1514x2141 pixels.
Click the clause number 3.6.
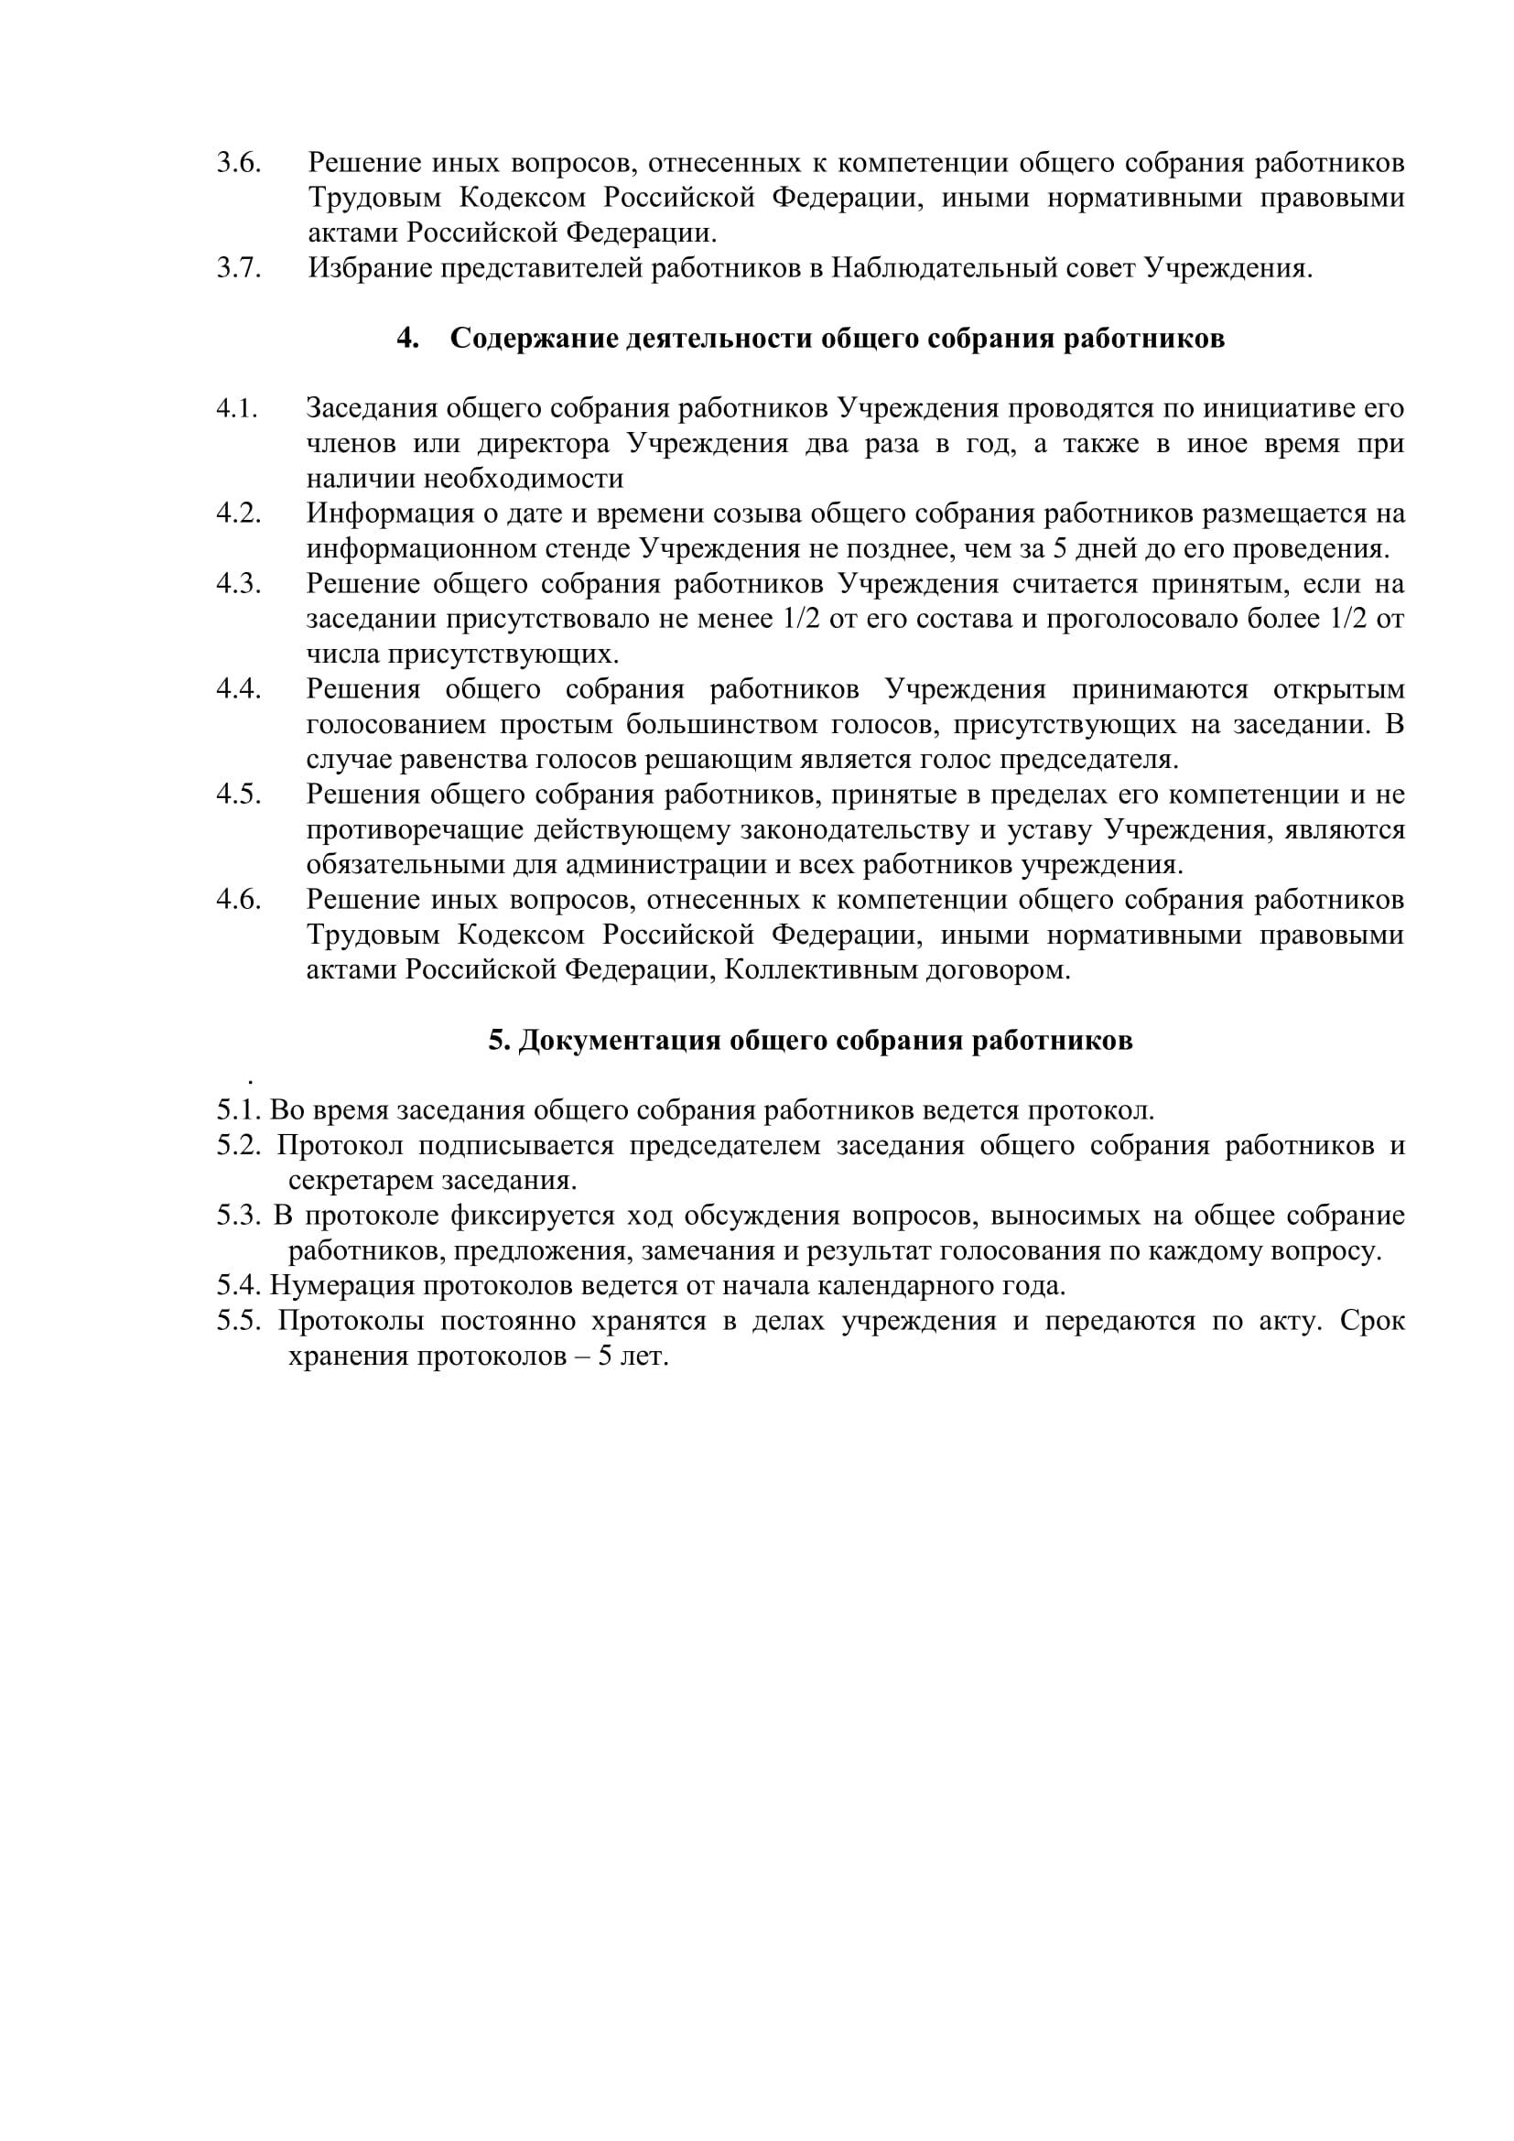click(239, 163)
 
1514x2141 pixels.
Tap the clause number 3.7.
click(239, 268)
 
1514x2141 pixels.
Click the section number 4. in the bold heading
click(407, 339)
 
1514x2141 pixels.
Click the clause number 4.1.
click(237, 408)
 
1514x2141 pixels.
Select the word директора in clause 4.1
click(544, 444)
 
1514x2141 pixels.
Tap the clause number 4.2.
click(239, 514)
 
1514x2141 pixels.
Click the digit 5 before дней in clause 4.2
click(1059, 549)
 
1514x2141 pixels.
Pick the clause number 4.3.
click(239, 585)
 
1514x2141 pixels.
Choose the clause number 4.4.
click(239, 689)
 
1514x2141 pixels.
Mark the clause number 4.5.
click(239, 795)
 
